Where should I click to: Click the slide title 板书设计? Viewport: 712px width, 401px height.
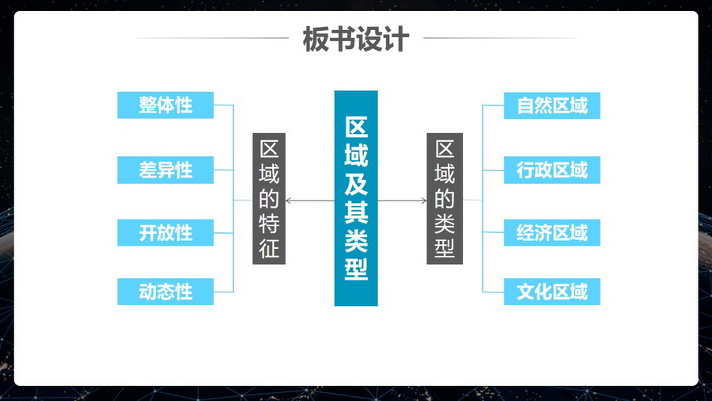click(355, 39)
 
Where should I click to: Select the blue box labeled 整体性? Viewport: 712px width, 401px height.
click(165, 105)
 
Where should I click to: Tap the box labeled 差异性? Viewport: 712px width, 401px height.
click(165, 170)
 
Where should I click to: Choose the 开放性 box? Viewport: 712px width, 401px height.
click(165, 234)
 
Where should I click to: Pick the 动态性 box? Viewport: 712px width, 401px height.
click(165, 292)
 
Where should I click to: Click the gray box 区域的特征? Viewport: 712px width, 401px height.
click(269, 198)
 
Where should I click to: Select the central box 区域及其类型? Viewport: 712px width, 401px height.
click(356, 198)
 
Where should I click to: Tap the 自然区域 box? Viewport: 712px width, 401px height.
click(552, 105)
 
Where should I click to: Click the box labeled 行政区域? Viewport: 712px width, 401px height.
click(552, 170)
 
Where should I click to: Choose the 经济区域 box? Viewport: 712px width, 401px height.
click(552, 234)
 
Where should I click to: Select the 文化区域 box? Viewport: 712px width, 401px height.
click(552, 292)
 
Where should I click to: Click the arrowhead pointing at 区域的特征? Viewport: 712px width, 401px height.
click(289, 200)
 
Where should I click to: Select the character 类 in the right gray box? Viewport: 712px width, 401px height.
click(445, 224)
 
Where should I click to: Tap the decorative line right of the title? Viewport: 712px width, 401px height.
click(498, 38)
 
